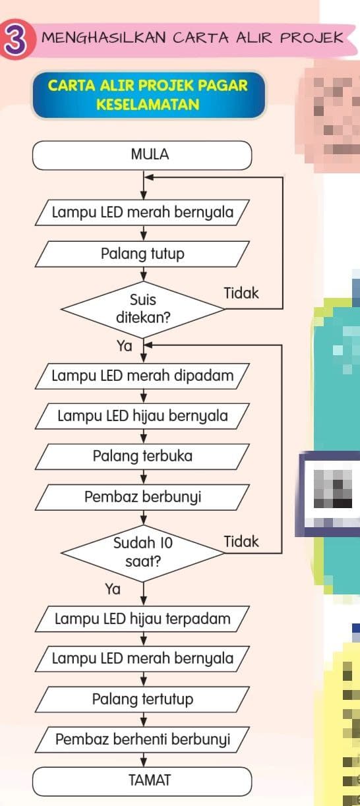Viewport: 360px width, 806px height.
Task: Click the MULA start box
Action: [142, 156]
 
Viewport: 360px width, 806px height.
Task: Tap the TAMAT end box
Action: [142, 781]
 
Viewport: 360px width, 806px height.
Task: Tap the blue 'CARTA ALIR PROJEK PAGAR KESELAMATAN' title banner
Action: [148, 95]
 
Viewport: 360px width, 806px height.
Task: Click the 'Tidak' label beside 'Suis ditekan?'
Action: [241, 293]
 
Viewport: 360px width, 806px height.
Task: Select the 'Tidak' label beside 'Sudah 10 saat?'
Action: [241, 542]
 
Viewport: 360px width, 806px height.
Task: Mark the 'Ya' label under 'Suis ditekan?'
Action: [125, 345]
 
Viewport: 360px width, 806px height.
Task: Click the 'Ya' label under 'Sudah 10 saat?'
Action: [113, 589]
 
